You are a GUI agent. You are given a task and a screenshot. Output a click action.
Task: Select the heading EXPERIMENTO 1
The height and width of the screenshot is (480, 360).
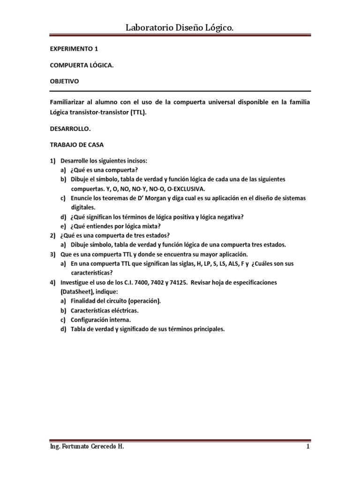point(74,48)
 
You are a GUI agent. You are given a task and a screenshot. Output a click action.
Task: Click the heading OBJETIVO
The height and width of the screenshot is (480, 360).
point(65,81)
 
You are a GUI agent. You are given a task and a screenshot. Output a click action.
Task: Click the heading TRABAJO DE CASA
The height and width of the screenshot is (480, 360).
point(77,145)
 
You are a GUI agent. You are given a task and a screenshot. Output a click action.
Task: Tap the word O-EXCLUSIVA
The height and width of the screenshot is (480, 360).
point(182,188)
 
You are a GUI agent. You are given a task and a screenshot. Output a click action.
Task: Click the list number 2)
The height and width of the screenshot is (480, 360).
point(54,235)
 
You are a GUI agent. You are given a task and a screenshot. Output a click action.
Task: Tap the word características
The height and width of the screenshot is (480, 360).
point(91,272)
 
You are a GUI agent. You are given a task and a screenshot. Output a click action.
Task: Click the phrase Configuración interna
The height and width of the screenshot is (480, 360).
point(97,320)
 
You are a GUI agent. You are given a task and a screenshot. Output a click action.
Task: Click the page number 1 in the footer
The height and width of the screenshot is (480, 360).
point(308,447)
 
